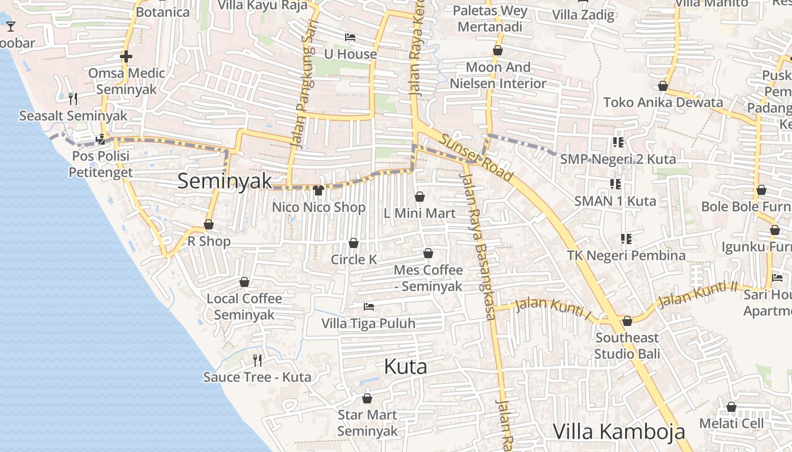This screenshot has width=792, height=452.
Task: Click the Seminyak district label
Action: (x=225, y=181)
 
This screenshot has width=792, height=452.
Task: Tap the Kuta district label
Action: (x=405, y=367)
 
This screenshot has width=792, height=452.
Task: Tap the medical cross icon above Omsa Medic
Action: (x=126, y=56)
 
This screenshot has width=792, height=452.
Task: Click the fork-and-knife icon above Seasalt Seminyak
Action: (x=73, y=99)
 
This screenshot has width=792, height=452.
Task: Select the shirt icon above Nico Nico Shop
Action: (x=318, y=190)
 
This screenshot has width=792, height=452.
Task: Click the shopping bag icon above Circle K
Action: (x=354, y=243)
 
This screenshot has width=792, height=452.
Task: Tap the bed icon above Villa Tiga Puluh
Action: (x=369, y=307)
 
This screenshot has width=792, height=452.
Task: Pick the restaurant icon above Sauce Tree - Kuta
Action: (x=257, y=360)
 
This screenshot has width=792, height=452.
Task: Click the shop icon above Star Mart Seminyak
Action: (x=367, y=398)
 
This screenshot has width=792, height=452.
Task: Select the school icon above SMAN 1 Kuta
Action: (x=615, y=184)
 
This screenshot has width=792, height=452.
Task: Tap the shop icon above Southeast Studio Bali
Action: (x=627, y=321)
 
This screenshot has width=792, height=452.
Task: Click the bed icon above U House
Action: (x=350, y=37)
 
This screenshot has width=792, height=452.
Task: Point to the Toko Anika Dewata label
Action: (x=663, y=102)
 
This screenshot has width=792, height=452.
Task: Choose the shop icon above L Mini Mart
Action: (x=420, y=197)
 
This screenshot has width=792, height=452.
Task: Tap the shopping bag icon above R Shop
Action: (x=209, y=224)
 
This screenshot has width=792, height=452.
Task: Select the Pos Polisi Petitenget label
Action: (x=101, y=164)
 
